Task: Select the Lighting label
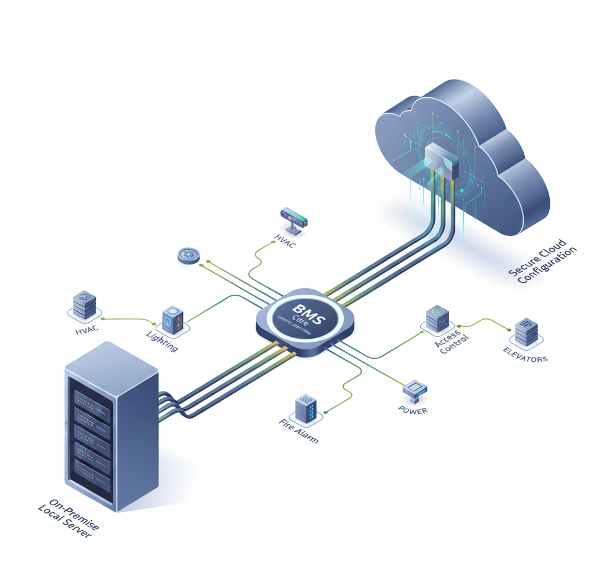162,341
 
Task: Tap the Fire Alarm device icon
306,408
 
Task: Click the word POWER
413,410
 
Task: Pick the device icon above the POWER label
415,388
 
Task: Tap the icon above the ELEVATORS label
526,333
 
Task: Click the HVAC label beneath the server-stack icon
87,330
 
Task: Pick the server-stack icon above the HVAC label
84,305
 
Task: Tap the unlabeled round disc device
189,256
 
